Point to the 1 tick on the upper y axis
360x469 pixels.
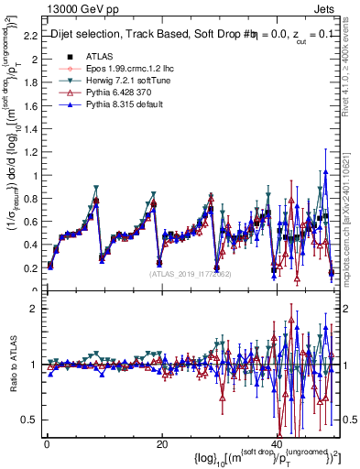35,176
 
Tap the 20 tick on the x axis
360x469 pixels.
161,444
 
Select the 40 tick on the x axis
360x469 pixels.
276,444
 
